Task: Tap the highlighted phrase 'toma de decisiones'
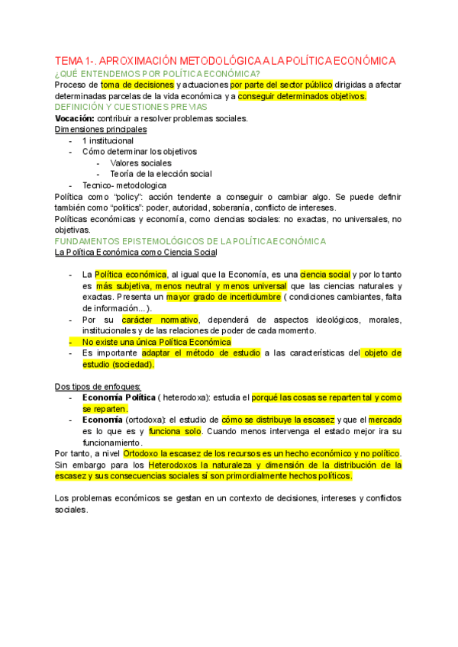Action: [x=135, y=85]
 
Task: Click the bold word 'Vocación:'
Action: [x=75, y=118]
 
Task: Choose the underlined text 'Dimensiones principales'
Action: [x=101, y=130]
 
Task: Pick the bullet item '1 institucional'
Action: [x=108, y=140]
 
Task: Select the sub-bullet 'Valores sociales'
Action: [x=140, y=163]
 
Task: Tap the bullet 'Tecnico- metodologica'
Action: [x=124, y=185]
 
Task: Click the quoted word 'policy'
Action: [x=134, y=196]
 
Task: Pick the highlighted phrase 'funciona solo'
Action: [x=172, y=431]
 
